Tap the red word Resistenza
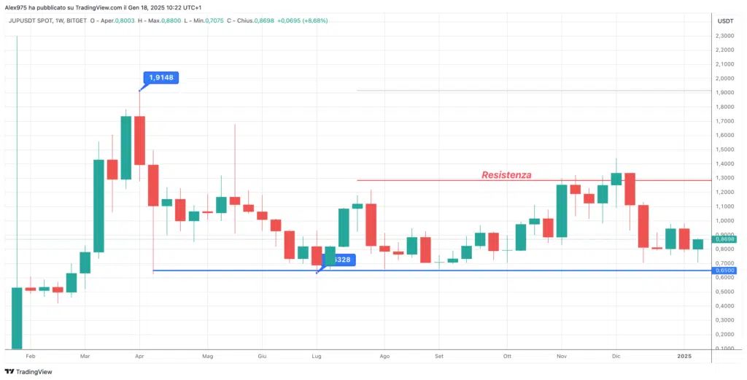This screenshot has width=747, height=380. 506,175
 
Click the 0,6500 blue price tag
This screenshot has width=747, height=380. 724,270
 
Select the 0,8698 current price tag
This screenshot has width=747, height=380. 724,239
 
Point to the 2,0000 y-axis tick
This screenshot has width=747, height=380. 724,79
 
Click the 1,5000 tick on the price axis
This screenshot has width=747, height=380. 724,150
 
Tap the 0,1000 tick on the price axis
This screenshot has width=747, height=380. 724,348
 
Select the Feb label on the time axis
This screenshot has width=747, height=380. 31,357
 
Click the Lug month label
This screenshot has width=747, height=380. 317,357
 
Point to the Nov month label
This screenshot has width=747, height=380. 561,357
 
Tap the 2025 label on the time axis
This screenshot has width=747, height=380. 684,357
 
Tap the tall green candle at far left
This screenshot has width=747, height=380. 17,317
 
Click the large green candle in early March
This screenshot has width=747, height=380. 98,206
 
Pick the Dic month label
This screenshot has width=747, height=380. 615,357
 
